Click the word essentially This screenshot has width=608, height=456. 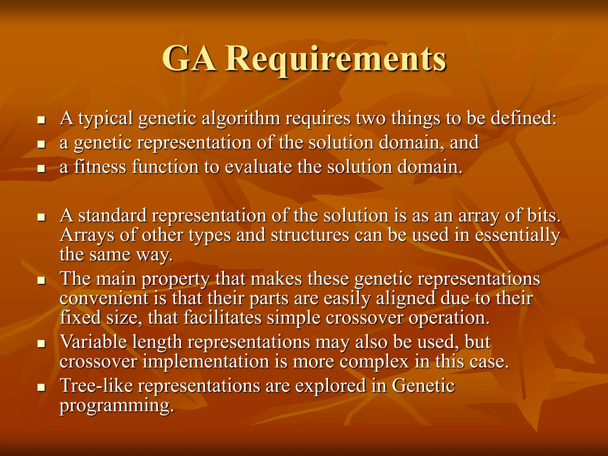pos(517,236)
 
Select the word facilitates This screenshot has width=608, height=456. pos(222,318)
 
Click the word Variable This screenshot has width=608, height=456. pos(94,342)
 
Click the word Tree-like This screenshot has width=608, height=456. pos(96,386)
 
